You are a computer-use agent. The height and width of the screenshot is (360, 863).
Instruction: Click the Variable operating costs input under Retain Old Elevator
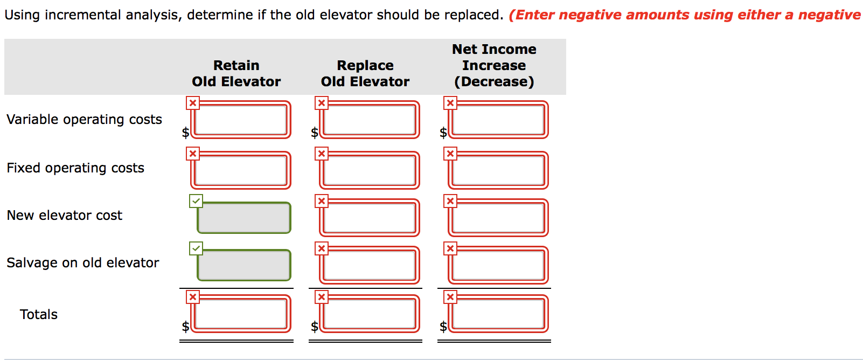[241, 120]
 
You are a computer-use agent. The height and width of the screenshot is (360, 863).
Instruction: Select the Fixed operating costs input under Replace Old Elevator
[370, 170]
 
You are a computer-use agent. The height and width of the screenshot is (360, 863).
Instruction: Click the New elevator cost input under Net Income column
[498, 218]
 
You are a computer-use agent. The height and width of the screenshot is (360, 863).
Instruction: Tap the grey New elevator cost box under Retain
[244, 218]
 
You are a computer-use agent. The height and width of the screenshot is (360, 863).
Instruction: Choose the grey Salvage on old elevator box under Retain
[244, 265]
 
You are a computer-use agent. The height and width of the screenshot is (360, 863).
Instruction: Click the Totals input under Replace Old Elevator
[370, 314]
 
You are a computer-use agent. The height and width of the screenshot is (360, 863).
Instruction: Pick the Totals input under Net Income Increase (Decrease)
[498, 314]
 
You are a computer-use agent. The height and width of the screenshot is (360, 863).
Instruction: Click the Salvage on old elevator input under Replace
[370, 265]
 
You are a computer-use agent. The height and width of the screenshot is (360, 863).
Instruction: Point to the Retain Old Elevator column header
[236, 73]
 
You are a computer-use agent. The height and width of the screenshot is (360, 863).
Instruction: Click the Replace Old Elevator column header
[365, 73]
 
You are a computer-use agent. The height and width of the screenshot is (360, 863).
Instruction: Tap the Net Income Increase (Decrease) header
[494, 65]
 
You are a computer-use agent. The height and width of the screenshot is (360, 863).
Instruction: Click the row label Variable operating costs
[84, 119]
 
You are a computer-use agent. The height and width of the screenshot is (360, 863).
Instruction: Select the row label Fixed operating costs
[75, 168]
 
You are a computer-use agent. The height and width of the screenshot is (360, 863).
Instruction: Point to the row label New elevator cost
[65, 215]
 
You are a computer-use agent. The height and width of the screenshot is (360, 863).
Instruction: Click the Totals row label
[39, 314]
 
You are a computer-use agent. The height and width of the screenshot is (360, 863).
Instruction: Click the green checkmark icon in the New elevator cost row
[196, 201]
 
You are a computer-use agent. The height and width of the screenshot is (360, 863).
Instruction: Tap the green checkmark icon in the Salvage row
[196, 248]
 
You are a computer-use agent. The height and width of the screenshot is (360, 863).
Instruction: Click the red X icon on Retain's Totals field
[193, 297]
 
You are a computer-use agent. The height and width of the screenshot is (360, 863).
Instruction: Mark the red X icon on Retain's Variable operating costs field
[193, 103]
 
